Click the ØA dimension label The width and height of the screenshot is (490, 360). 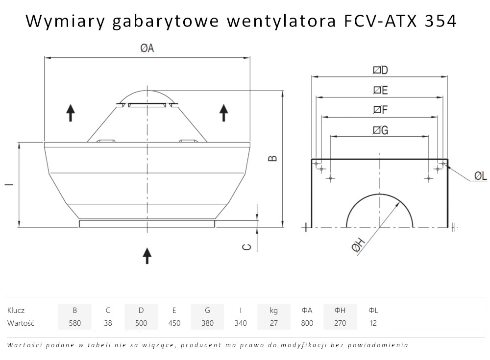pyautogui.click(x=147, y=48)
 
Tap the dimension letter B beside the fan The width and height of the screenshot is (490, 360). pyautogui.click(x=273, y=158)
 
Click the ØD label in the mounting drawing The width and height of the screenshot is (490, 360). pyautogui.click(x=380, y=71)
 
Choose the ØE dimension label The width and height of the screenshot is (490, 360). pyautogui.click(x=380, y=91)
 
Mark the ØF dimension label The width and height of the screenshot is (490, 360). pyautogui.click(x=380, y=110)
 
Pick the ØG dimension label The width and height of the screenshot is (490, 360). pyautogui.click(x=380, y=130)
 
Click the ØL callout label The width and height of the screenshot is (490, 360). pyautogui.click(x=480, y=176)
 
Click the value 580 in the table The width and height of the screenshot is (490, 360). pyautogui.click(x=74, y=323)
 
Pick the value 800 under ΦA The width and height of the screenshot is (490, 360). pyautogui.click(x=307, y=323)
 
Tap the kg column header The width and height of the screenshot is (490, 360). pyautogui.click(x=273, y=310)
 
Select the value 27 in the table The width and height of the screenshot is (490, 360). pyautogui.click(x=273, y=323)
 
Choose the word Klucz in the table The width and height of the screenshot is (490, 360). pyautogui.click(x=16, y=310)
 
